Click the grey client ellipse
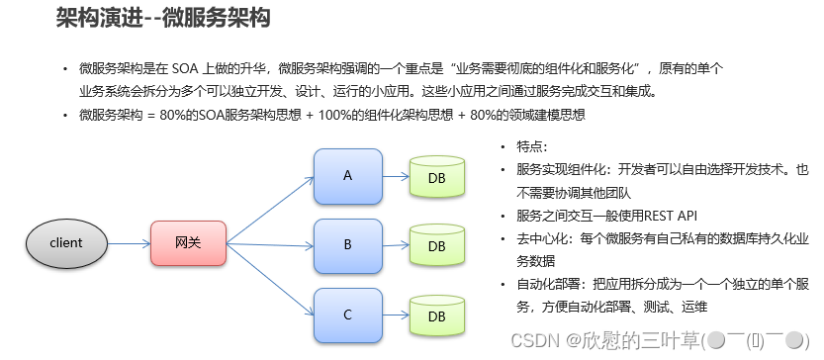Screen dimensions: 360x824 pos(66,242)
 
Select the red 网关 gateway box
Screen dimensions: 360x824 pos(188,242)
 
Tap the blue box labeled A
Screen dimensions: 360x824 pos(347,176)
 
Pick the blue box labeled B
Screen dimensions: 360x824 pos(347,244)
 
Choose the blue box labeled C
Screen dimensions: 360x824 pos(347,315)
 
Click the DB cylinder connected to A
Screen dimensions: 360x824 pos(436,177)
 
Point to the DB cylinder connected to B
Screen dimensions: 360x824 pos(436,244)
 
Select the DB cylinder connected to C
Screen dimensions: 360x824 pos(436,315)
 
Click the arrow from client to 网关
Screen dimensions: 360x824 pos(128,242)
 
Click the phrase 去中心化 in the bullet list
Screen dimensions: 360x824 pos(544,238)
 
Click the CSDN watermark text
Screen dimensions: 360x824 pos(539,339)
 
